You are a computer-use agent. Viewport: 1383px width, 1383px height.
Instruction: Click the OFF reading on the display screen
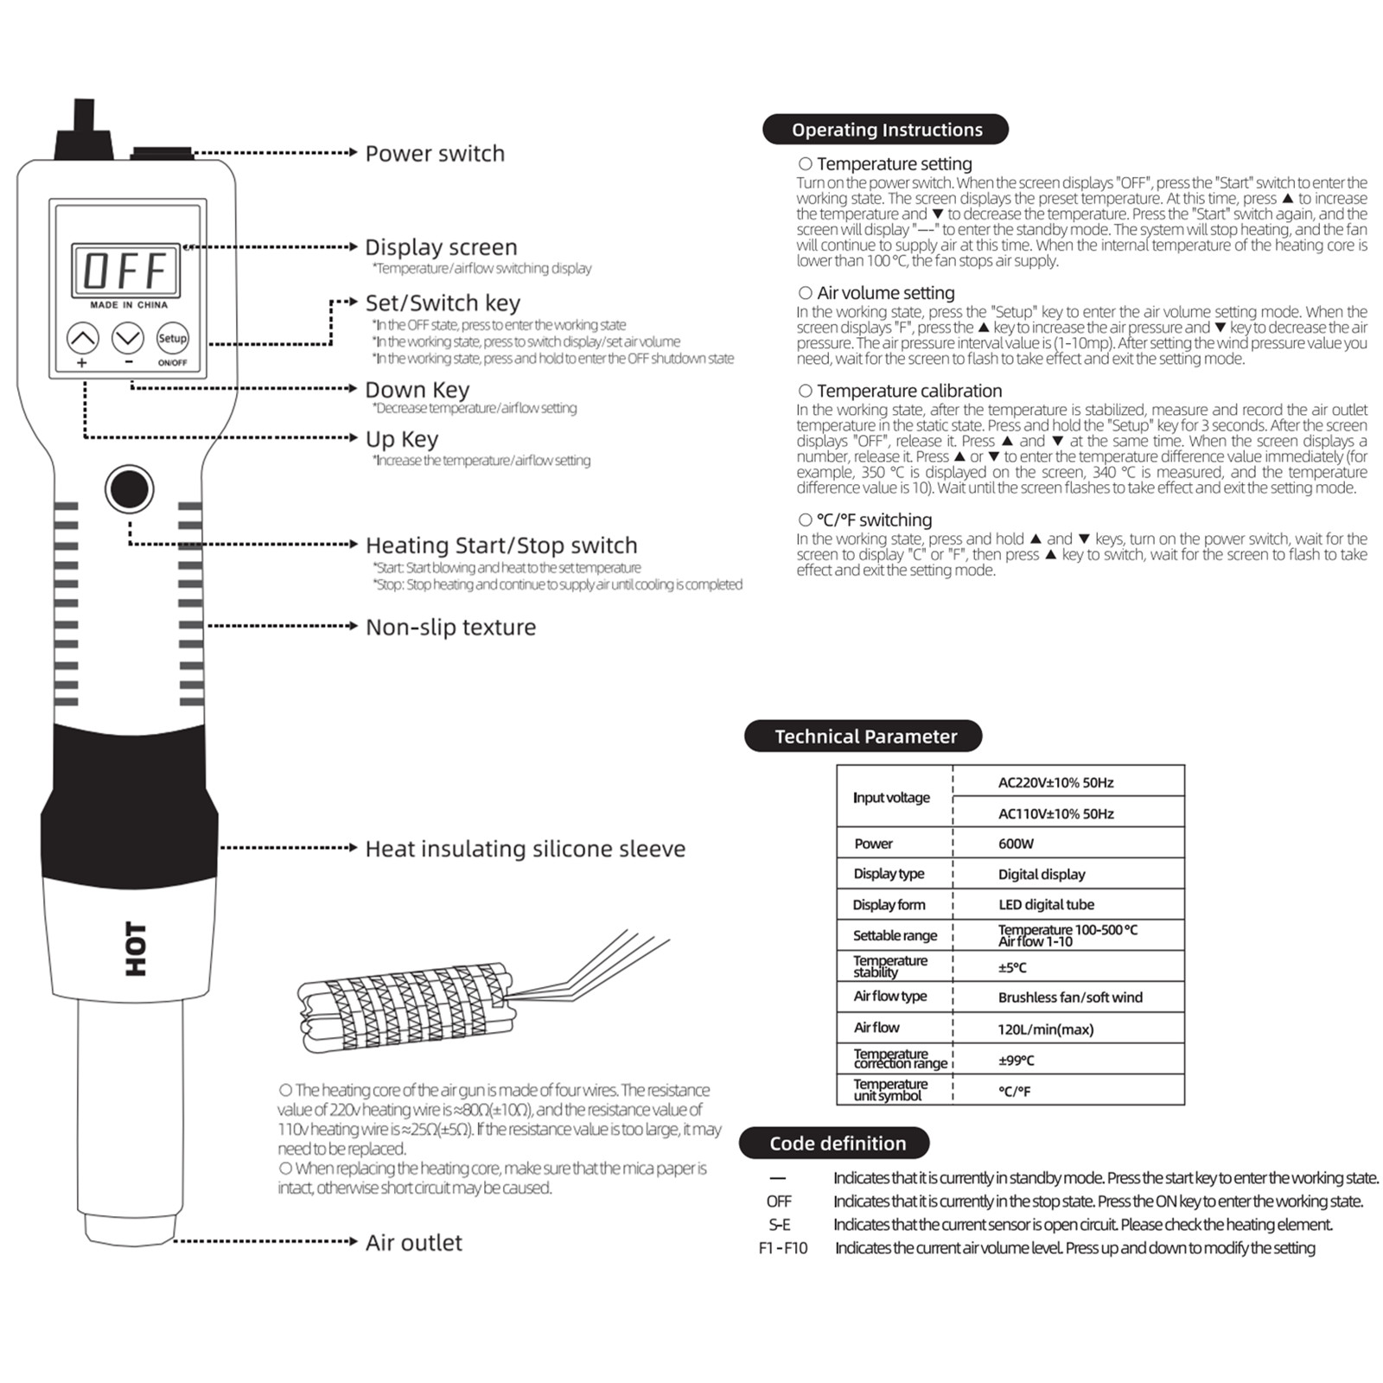pyautogui.click(x=125, y=271)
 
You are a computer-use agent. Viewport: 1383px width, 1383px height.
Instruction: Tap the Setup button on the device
pyautogui.click(x=172, y=338)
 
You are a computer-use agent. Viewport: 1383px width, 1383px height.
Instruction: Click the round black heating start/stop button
pyautogui.click(x=129, y=489)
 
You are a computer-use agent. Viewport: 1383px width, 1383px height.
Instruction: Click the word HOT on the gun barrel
pyautogui.click(x=136, y=948)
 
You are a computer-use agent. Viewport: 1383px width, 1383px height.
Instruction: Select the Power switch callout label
pyautogui.click(x=435, y=154)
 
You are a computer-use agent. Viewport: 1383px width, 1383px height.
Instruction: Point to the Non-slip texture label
pyautogui.click(x=450, y=627)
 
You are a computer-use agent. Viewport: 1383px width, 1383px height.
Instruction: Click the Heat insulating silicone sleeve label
pyautogui.click(x=525, y=849)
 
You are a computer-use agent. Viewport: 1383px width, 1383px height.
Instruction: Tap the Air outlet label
pyautogui.click(x=413, y=1243)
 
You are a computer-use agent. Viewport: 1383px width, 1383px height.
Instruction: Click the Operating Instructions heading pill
pyautogui.click(x=886, y=130)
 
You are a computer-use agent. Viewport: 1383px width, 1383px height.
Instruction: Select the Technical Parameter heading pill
pyautogui.click(x=864, y=736)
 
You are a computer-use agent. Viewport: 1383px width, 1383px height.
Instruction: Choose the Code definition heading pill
pyautogui.click(x=836, y=1144)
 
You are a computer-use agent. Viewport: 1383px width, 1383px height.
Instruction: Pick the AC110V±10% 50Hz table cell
pyautogui.click(x=1055, y=813)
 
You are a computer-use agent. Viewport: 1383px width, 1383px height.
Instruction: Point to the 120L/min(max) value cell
pyautogui.click(x=1045, y=1029)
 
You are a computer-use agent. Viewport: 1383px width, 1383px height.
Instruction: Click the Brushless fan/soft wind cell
pyautogui.click(x=1069, y=997)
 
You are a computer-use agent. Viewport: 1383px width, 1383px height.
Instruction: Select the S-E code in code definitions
pyautogui.click(x=779, y=1225)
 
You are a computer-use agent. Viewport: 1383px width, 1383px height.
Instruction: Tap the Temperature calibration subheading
pyautogui.click(x=908, y=391)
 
